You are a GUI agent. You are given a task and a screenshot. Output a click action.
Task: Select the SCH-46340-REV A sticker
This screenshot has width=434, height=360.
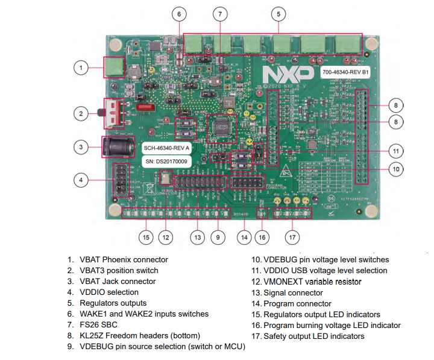(166, 148)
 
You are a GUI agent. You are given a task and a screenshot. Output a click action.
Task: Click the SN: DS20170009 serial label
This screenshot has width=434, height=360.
(166, 162)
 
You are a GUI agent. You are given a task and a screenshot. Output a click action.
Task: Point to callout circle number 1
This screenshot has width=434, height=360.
(81, 68)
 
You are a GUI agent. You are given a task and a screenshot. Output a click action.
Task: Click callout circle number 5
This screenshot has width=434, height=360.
(278, 13)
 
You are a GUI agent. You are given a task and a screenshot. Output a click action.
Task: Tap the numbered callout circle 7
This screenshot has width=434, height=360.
(220, 13)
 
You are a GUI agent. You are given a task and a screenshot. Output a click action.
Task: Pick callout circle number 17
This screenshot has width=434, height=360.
(292, 238)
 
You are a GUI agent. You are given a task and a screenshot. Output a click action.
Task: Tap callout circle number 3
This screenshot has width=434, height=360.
(81, 146)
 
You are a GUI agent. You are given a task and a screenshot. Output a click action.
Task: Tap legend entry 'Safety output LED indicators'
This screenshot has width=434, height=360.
(313, 336)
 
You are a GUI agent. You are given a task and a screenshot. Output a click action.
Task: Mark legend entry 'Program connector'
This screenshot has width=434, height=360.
(297, 303)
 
